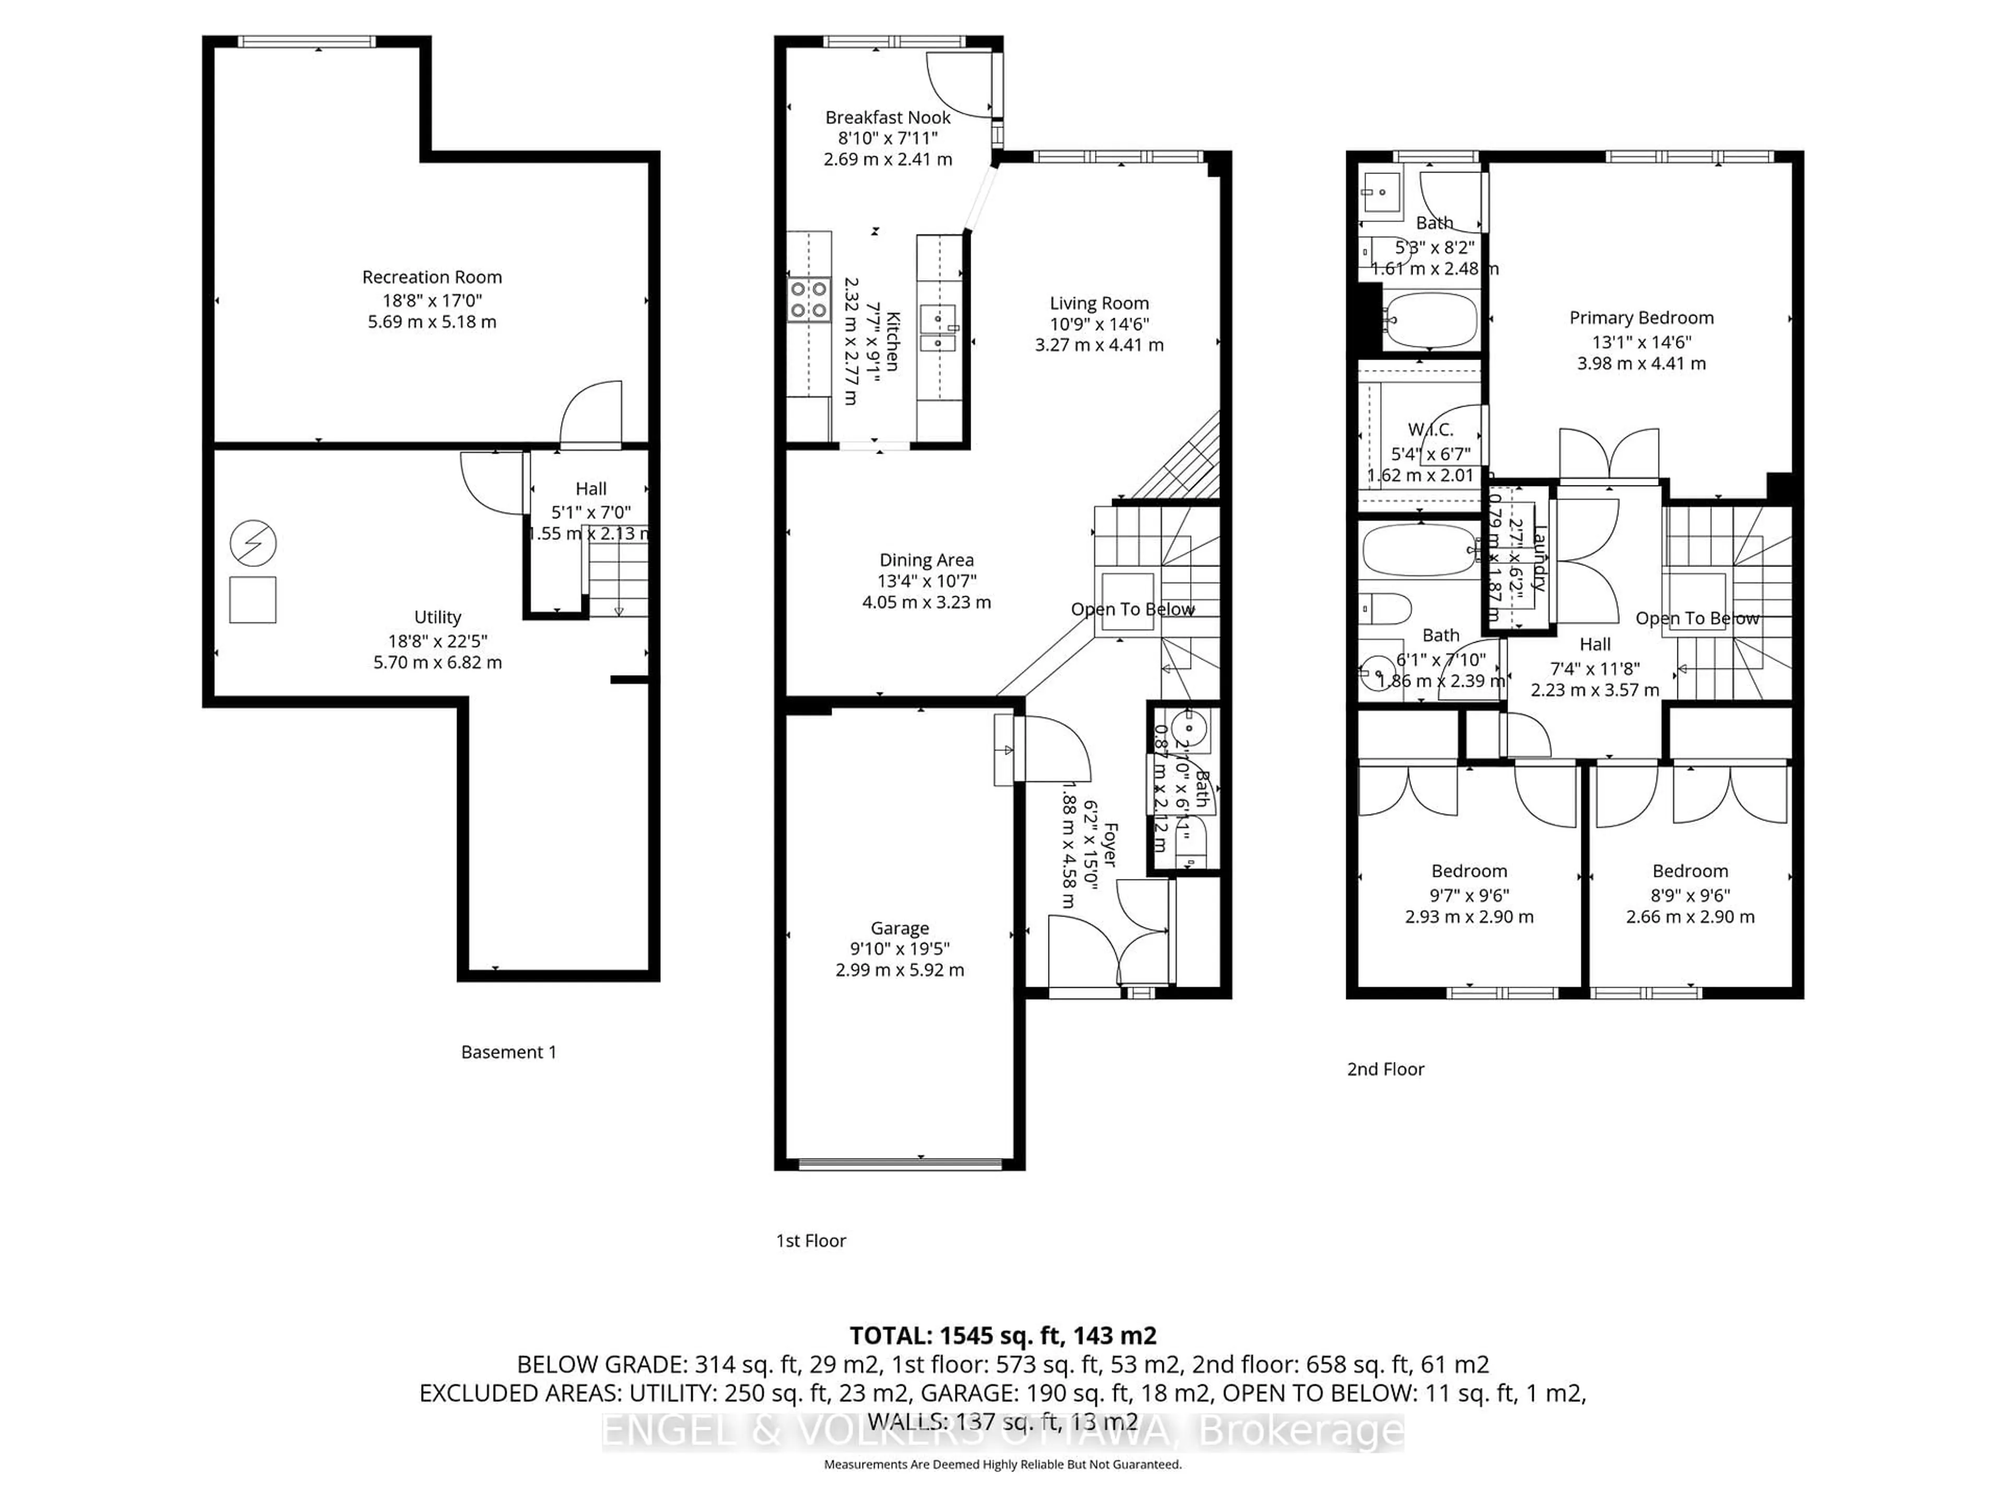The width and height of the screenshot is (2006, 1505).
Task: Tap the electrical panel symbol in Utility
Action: (x=253, y=543)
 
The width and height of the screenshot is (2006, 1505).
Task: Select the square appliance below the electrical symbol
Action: (x=253, y=599)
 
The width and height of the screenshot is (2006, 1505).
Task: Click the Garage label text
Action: (x=900, y=928)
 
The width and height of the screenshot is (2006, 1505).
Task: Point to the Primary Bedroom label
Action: (x=1641, y=318)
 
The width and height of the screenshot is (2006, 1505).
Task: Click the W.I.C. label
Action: (x=1430, y=430)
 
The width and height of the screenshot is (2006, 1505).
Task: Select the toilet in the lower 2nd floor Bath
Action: (x=1385, y=609)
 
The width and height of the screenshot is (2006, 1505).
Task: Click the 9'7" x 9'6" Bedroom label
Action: (x=1469, y=872)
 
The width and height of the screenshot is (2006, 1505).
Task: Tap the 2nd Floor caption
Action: (x=1385, y=1070)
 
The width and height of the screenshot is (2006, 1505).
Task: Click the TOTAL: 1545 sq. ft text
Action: (x=1002, y=1335)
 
